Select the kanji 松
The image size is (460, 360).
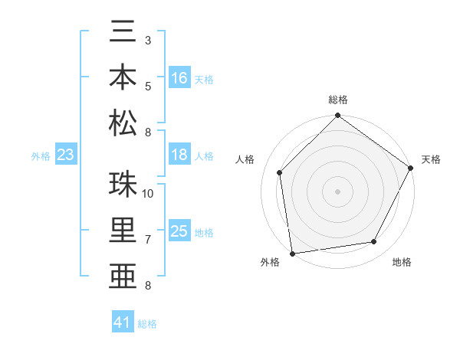(123, 122)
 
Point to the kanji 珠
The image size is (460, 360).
(123, 185)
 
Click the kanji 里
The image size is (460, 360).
(123, 231)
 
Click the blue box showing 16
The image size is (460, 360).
(179, 77)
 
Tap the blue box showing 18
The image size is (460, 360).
(179, 155)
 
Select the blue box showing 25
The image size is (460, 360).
(179, 231)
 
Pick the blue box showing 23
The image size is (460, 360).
(66, 155)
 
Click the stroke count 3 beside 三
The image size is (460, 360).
(147, 40)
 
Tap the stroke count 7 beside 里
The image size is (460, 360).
(147, 240)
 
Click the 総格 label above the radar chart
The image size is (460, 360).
(338, 100)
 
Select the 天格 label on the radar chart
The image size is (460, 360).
(431, 159)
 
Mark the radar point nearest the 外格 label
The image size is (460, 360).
(292, 253)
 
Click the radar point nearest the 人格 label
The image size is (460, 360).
(280, 172)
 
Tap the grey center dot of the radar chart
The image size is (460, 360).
(337, 191)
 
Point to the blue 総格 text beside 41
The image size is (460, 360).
(147, 324)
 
